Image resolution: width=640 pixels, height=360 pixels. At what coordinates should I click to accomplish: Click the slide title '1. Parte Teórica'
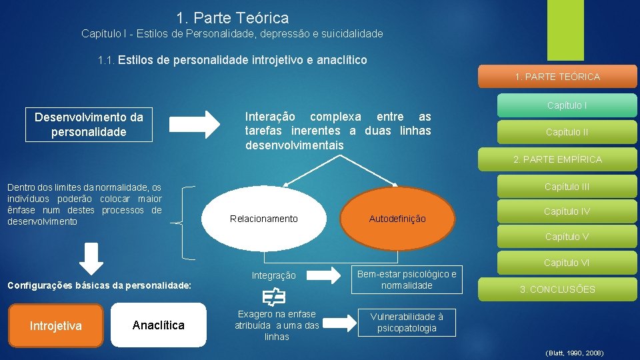pyautogui.click(x=233, y=18)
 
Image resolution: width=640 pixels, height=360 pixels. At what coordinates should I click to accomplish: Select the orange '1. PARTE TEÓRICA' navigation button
pyautogui.click(x=557, y=77)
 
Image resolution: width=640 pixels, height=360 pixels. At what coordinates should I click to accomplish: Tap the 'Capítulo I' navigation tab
pyautogui.click(x=566, y=105)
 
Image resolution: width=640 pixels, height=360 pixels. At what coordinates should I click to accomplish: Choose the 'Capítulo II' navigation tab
pyautogui.click(x=566, y=132)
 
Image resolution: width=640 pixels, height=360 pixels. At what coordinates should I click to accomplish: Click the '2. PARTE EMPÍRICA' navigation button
pyautogui.click(x=557, y=159)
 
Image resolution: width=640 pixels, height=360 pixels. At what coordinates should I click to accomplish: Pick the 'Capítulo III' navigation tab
pyautogui.click(x=566, y=187)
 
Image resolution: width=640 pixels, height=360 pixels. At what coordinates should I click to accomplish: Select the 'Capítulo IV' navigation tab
pyautogui.click(x=566, y=211)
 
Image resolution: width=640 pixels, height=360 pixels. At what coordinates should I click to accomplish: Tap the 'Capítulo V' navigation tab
pyautogui.click(x=566, y=237)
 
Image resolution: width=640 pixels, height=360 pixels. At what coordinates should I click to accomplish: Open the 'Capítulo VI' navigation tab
pyautogui.click(x=566, y=263)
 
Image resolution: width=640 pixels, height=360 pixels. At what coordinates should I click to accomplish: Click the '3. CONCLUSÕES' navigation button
pyautogui.click(x=557, y=289)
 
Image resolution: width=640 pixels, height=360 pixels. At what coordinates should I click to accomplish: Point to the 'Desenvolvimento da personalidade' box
pyautogui.click(x=89, y=125)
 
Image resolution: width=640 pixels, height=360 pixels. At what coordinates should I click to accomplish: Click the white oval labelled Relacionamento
pyautogui.click(x=263, y=219)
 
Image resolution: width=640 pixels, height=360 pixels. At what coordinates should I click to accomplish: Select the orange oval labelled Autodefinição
pyautogui.click(x=397, y=219)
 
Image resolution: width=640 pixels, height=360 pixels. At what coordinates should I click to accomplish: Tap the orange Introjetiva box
pyautogui.click(x=56, y=325)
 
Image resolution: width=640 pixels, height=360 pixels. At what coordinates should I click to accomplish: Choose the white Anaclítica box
pyautogui.click(x=159, y=325)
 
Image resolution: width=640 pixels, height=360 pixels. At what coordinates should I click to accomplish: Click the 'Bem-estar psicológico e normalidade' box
pyautogui.click(x=407, y=279)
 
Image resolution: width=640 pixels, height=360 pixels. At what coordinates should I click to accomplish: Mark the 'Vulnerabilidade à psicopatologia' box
pyautogui.click(x=407, y=322)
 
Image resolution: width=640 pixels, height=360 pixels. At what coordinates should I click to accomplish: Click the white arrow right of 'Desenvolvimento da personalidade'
pyautogui.click(x=194, y=123)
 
